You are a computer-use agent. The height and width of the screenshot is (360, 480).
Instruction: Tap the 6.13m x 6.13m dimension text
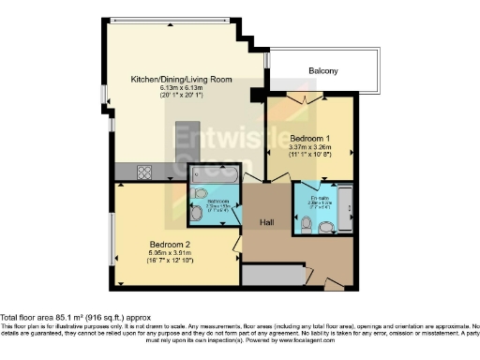181,88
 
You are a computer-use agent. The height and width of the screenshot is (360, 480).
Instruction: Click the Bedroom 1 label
309,138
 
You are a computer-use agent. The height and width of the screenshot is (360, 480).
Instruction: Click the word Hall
268,222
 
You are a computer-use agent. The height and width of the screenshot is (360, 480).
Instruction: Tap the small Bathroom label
218,202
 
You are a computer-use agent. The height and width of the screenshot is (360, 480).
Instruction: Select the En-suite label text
319,199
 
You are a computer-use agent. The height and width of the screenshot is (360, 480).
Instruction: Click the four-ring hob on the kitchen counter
147,171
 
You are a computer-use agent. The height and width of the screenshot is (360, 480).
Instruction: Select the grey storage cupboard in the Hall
273,275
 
